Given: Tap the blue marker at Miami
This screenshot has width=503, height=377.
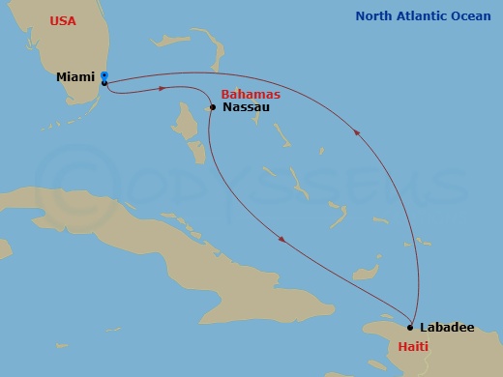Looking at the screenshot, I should point(104,75).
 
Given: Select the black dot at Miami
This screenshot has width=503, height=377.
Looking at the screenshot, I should point(104,83).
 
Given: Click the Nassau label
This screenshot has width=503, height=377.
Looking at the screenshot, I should point(246,107).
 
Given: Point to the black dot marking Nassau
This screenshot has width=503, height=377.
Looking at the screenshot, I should point(213,107).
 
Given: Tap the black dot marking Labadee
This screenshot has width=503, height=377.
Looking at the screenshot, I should point(410,328).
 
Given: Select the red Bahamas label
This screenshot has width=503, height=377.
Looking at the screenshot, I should point(251,94).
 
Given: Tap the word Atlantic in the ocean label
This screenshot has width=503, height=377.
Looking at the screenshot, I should point(423,15).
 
